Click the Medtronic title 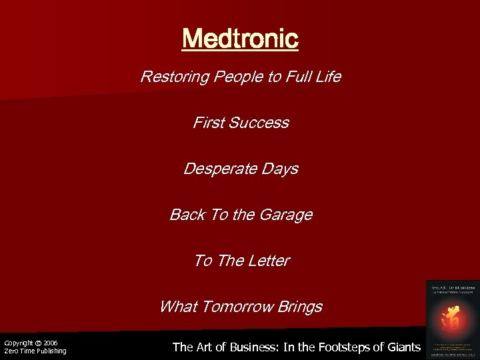pos(240,39)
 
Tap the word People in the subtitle pos(231,77)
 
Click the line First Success pos(241,123)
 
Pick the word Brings pos(300,307)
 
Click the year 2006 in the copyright pos(51,343)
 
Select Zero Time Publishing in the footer pos(35,351)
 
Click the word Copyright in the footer pos(17,343)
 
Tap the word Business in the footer pos(253,347)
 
